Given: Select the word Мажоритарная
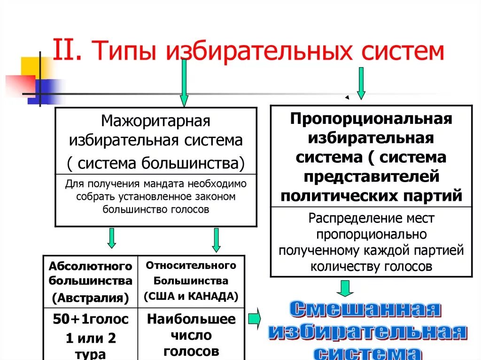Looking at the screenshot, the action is point(155,121).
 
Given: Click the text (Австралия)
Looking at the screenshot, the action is point(91,298).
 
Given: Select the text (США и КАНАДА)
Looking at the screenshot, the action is point(191,297).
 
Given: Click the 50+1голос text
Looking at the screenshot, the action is point(91,320).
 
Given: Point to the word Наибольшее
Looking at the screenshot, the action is point(191,320).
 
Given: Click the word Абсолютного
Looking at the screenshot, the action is point(91,266).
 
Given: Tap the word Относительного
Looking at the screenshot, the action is point(191,266).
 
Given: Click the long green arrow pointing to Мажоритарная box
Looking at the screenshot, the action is point(184,82).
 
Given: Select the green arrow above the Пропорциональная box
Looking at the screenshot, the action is point(361,83).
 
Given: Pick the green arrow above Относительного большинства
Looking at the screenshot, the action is point(216,240).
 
